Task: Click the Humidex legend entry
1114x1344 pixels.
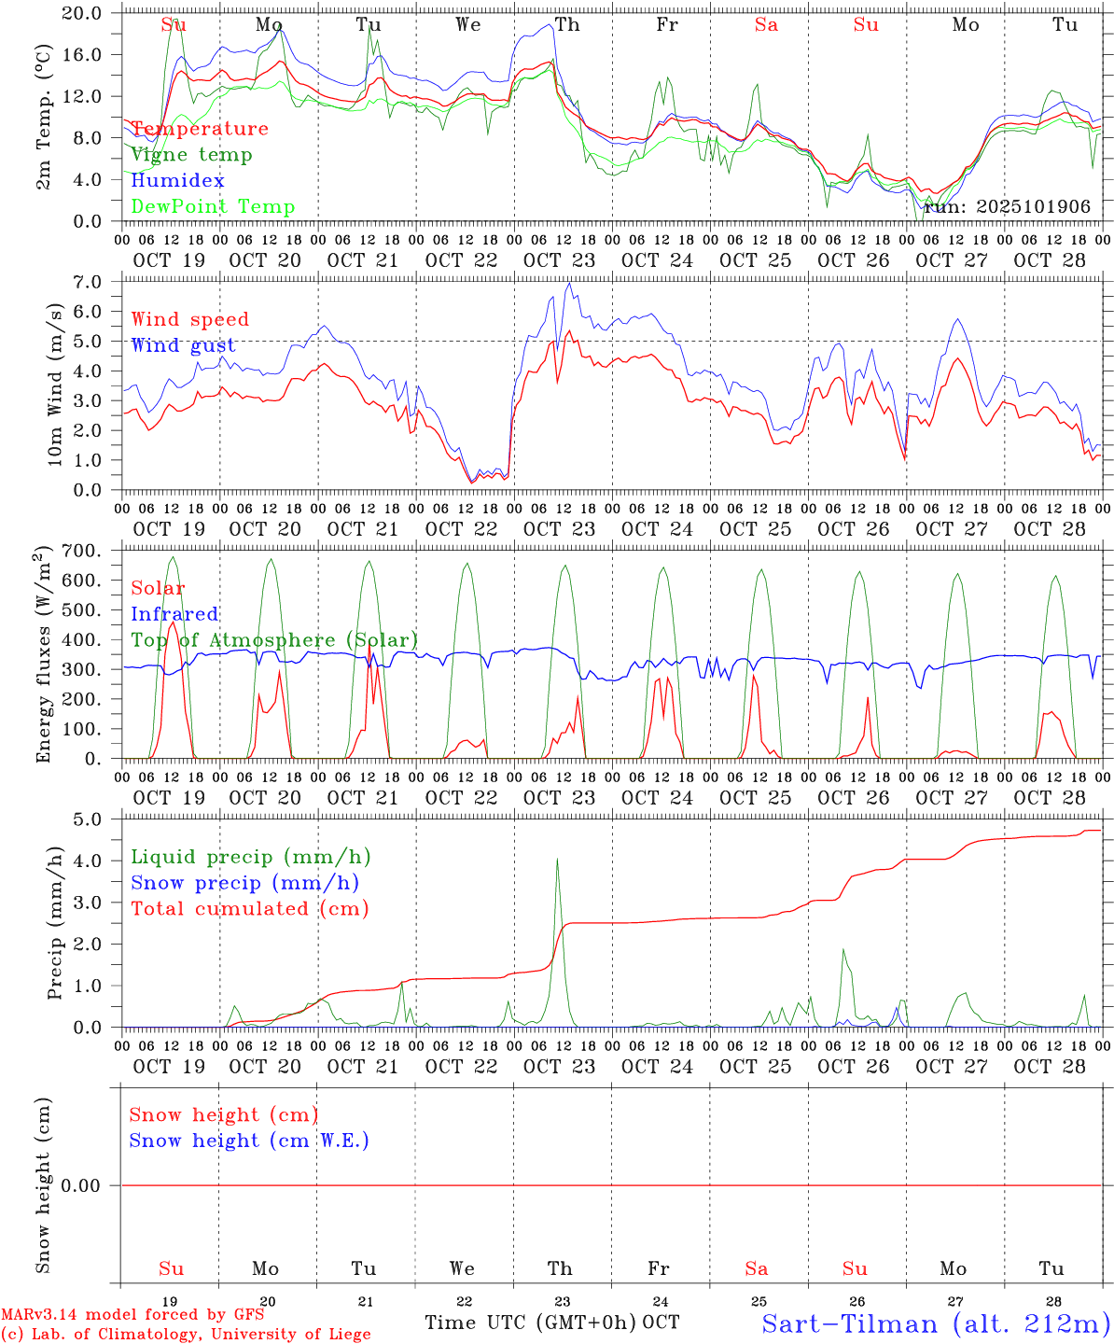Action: tap(177, 181)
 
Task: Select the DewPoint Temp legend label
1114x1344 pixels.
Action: tap(213, 207)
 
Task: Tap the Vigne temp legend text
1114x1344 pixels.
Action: tap(191, 155)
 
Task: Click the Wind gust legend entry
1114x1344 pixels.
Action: tap(183, 345)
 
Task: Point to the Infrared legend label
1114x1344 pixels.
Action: tap(174, 614)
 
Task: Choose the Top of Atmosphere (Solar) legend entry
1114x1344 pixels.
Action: tap(273, 640)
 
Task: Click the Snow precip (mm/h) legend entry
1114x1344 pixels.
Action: tap(244, 883)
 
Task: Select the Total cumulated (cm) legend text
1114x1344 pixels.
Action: tap(249, 909)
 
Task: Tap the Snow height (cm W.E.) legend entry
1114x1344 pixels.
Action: tap(248, 1141)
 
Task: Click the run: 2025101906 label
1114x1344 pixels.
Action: tap(1007, 207)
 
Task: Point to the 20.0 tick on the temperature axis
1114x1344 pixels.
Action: tap(84, 13)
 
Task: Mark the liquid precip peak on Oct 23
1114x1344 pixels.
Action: tap(557, 859)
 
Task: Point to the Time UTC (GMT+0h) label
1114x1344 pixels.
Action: tap(530, 1323)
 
